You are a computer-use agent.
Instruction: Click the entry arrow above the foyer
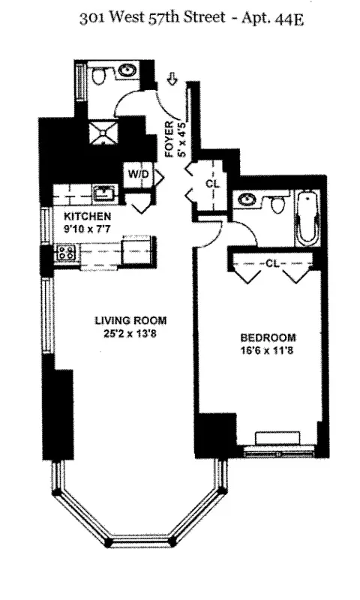tap(172, 77)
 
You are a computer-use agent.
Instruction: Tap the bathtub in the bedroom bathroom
tap(306, 219)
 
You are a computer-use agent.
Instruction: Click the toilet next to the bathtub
tap(277, 203)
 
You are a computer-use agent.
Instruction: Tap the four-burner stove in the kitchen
tap(65, 253)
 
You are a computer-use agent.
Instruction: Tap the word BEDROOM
tap(268, 337)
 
